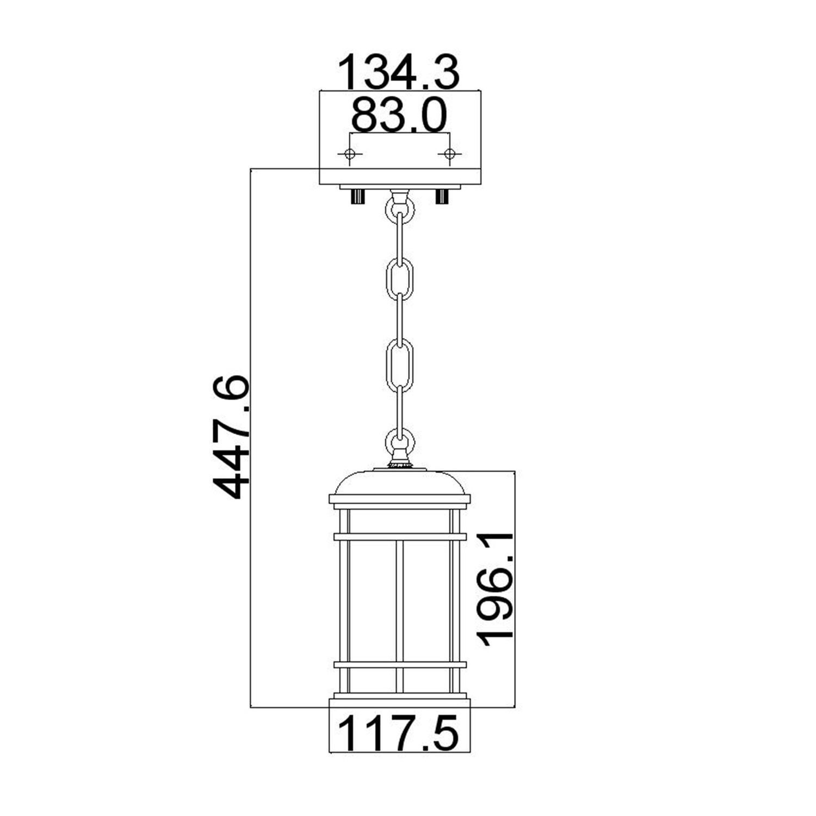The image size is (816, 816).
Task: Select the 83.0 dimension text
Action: point(399,115)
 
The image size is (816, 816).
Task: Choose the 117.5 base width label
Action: point(399,733)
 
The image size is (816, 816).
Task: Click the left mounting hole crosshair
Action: point(350,154)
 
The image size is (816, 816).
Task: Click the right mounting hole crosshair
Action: point(449,154)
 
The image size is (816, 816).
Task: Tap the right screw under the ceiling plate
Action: point(442,196)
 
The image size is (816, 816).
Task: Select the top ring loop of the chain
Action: point(400,207)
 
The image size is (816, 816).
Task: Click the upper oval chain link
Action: point(400,279)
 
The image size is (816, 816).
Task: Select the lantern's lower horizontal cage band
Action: point(400,664)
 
